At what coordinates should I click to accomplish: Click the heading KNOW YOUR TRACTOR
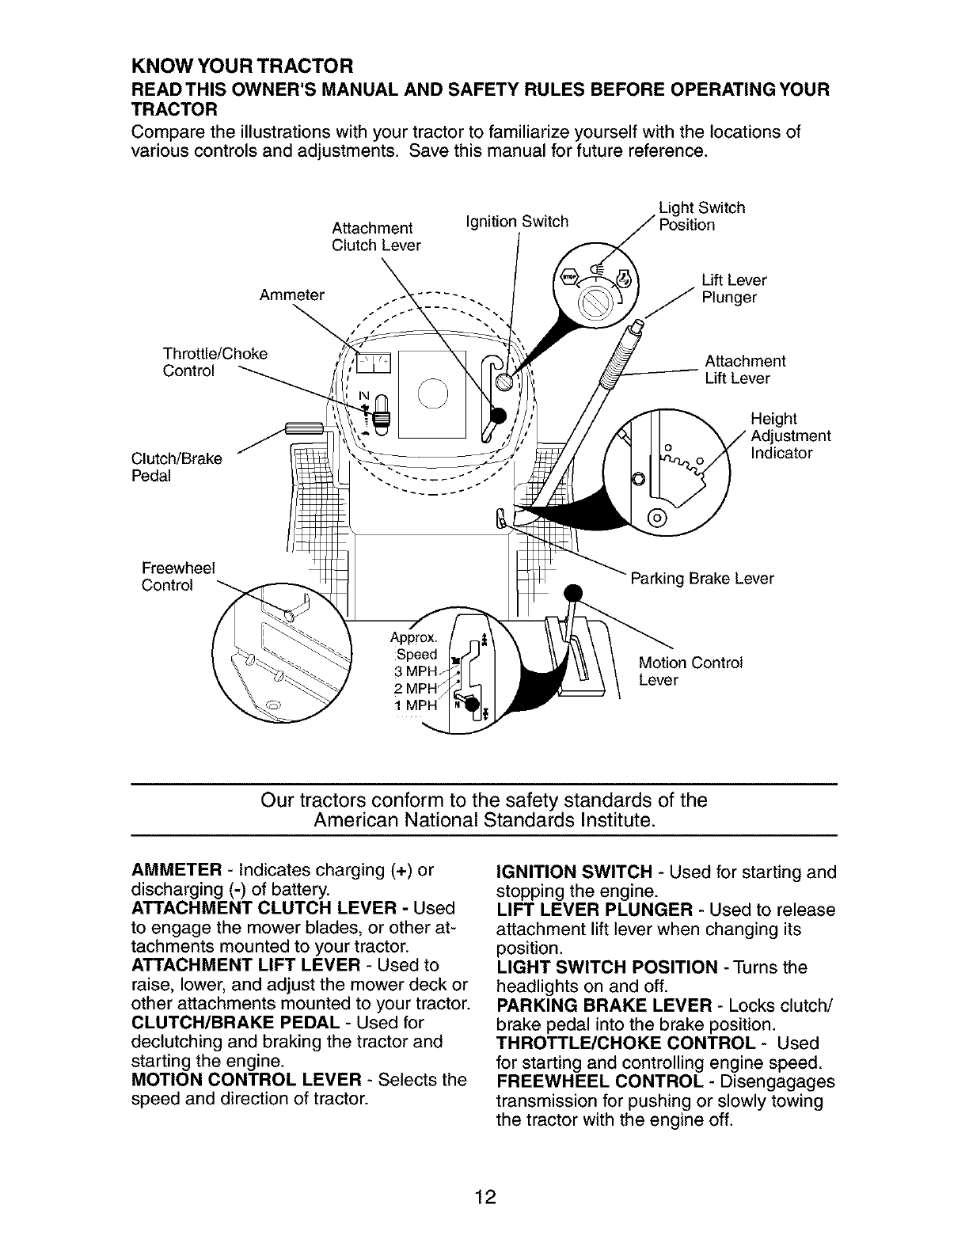pyautogui.click(x=241, y=63)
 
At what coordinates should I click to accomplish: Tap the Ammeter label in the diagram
pyautogui.click(x=292, y=295)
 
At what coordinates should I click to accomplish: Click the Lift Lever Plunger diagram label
pyautogui.click(x=734, y=289)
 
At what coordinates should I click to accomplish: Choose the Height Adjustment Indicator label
pyautogui.click(x=790, y=436)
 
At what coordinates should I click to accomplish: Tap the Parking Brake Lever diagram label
pyautogui.click(x=701, y=579)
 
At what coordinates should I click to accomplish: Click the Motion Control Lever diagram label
pyautogui.click(x=690, y=671)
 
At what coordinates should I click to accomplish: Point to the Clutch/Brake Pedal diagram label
pyautogui.click(x=177, y=467)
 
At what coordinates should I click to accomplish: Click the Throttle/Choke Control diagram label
pyautogui.click(x=215, y=362)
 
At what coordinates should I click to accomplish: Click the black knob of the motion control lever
pyautogui.click(x=573, y=591)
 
